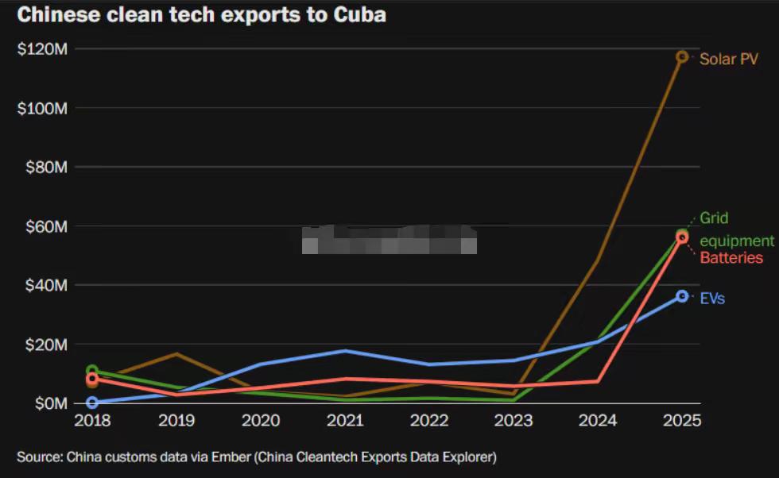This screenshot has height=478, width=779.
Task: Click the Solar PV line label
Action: point(728,59)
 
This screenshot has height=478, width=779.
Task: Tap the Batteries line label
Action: point(731,258)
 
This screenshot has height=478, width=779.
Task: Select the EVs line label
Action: point(712,299)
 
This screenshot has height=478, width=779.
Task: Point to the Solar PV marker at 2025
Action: point(682,56)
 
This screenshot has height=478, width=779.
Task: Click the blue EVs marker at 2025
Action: point(682,296)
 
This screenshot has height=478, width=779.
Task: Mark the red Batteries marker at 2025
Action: point(682,237)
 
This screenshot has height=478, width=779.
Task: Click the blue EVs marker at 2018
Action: point(92,403)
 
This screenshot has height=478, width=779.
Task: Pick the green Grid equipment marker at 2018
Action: point(92,371)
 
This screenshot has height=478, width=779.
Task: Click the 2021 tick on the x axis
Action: point(345,420)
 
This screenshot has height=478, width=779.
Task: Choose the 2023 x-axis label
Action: point(514,420)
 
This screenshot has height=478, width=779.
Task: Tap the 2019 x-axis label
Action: point(176,420)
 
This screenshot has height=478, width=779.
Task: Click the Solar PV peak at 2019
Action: point(176,353)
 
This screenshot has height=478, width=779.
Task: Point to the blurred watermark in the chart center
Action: point(389,239)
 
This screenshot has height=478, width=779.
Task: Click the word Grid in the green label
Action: point(714,218)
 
